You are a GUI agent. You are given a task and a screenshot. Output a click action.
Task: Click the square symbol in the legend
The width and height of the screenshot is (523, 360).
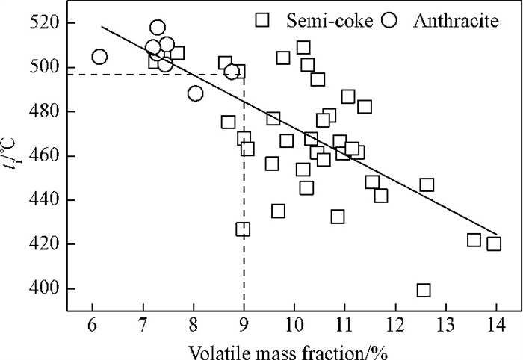[262, 20]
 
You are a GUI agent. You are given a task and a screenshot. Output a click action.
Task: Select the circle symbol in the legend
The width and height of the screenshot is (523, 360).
[388, 20]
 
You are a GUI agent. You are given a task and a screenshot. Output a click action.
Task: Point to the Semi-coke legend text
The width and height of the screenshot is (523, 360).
[320, 20]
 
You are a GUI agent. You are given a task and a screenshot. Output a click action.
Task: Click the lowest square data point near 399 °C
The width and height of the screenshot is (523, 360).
[424, 290]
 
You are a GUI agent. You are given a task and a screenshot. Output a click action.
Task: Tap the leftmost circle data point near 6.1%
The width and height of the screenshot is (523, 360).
[99, 57]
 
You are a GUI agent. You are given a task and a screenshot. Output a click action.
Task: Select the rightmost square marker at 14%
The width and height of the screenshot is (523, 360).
[494, 243]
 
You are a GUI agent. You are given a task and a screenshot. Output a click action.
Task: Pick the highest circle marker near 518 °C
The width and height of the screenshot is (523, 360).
[158, 28]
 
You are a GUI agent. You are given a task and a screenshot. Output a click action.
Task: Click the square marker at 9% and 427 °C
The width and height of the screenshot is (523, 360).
[243, 229]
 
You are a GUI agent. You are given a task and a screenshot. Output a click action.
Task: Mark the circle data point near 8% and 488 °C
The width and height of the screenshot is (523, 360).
[195, 93]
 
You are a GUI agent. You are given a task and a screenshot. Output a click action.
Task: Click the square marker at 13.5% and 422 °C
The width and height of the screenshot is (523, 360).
[474, 240]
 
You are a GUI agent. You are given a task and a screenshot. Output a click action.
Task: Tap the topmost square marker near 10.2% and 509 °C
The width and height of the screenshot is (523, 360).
[303, 48]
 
